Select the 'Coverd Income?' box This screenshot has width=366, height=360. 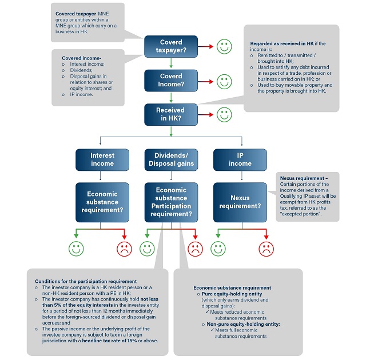coord(171,79)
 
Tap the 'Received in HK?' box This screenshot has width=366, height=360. coord(171,114)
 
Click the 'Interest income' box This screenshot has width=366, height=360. coord(102,159)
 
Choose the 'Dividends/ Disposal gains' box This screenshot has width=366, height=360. coord(171,159)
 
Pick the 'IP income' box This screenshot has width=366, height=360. coord(240,159)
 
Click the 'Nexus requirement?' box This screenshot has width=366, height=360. coord(240,202)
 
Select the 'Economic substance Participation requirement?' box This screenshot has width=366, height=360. coord(171,202)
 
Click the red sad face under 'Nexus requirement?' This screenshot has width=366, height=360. coord(266,249)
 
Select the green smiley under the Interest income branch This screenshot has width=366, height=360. coord(76,249)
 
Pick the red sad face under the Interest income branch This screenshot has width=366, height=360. coord(124,249)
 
